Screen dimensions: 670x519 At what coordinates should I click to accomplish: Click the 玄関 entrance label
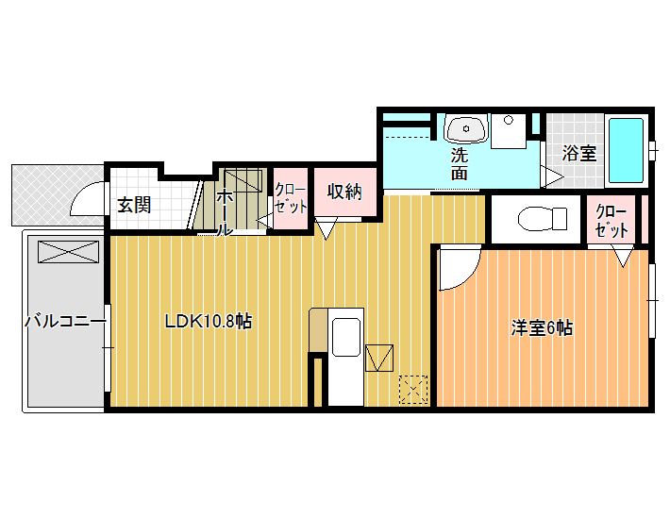[x=134, y=206]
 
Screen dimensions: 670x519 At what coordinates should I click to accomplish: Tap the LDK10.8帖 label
[x=209, y=321]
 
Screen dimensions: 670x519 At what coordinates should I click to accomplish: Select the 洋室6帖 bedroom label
[x=542, y=327]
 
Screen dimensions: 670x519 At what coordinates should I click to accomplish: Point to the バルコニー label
[x=65, y=321]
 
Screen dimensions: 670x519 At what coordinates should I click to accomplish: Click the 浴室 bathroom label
[x=579, y=153]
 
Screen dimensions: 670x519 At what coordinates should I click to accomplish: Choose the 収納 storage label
[x=344, y=192]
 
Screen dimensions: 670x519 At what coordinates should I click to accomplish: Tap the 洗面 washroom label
[x=460, y=164]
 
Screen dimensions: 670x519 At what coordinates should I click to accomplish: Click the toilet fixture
[x=543, y=219]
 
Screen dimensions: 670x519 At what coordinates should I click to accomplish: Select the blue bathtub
[x=626, y=150]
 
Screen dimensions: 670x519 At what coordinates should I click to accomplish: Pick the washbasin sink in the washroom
[x=466, y=128]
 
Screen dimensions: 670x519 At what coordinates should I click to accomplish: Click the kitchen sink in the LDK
[x=346, y=337]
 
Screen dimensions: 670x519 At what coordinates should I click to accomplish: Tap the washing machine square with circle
[x=508, y=131]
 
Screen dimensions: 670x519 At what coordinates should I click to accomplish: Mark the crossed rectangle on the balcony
[x=68, y=252]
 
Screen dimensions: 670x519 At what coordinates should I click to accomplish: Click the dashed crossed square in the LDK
[x=413, y=390]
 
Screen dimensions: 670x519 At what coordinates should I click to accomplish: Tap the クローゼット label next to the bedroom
[x=611, y=221]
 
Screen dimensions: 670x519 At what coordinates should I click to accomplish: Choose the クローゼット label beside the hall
[x=291, y=198]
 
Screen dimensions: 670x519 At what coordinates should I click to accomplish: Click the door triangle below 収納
[x=326, y=228]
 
